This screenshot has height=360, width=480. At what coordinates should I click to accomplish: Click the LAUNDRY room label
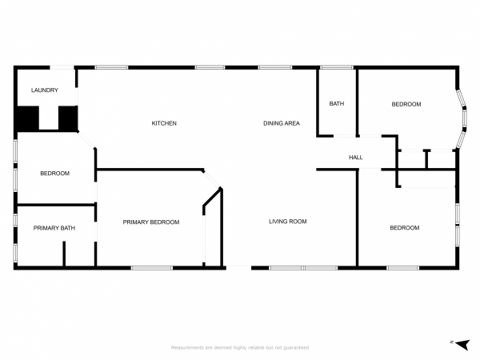coord(44,90)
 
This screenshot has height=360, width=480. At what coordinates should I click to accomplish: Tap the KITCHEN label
coord(164,123)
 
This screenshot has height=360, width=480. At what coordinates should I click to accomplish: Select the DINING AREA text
coord(282,123)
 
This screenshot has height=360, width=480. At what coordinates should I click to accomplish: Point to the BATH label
coord(337,103)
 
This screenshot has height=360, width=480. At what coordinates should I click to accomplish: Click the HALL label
coord(356,157)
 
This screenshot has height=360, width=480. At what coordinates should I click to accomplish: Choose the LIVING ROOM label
coord(288,222)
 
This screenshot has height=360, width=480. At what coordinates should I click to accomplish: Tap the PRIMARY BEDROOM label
coord(151,222)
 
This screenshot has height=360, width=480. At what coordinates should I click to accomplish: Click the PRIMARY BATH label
coord(54,228)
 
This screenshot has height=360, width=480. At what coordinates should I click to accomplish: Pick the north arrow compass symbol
coord(462,344)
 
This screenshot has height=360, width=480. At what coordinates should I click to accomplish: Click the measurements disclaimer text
coord(240,347)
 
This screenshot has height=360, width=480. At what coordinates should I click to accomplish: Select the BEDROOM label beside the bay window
coord(406,104)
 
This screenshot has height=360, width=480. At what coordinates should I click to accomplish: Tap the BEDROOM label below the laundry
coord(54,174)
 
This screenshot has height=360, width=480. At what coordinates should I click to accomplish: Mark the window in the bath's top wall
coord(337,67)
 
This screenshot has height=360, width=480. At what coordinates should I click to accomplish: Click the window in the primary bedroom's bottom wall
coord(152,268)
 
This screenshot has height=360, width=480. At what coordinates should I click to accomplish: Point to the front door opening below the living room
coord(238,268)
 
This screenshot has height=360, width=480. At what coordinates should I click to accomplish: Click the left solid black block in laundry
coord(27,118)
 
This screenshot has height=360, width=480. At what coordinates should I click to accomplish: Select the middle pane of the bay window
coord(465,118)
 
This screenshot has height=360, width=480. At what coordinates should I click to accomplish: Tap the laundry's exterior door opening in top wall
coord(62,67)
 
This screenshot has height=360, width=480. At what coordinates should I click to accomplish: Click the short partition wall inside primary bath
coord(64,254)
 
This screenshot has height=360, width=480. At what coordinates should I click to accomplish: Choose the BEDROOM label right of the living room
coord(404,228)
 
